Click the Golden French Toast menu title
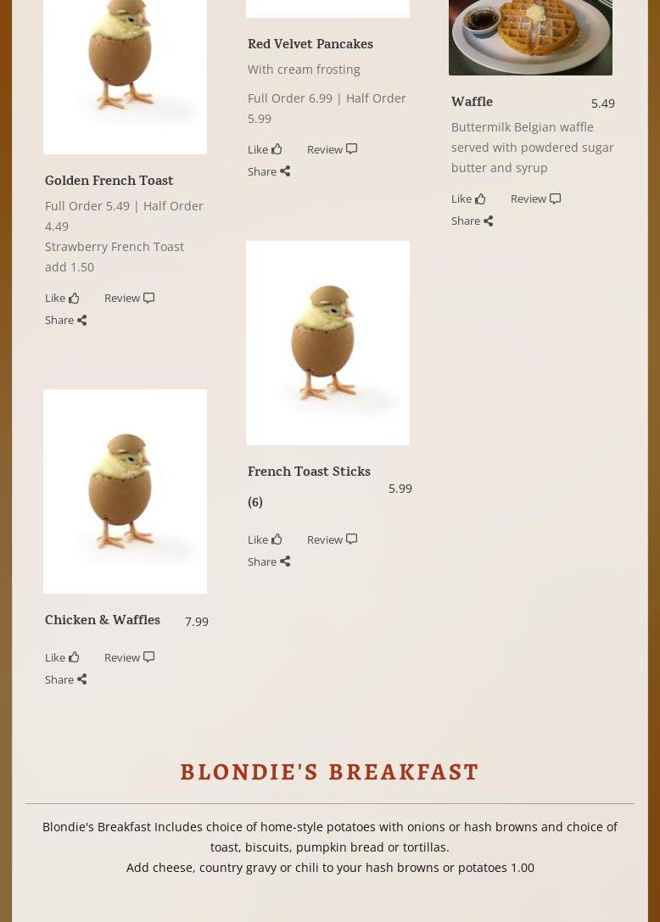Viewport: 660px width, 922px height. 109,181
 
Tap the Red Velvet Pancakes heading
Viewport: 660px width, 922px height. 310,44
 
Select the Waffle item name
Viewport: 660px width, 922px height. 472,102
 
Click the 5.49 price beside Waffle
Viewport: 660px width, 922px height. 602,103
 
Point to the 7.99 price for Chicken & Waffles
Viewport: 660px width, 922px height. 196,622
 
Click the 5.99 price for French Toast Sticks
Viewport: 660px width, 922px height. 400,489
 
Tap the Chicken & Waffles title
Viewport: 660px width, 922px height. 103,620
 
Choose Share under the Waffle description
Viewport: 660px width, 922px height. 472,221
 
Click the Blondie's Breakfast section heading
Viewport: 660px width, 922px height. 330,772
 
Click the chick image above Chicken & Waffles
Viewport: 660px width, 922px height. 125,491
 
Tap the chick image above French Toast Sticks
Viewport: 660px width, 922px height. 327,343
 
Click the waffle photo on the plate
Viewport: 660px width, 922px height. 543,34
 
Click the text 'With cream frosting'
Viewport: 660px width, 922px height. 304,70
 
